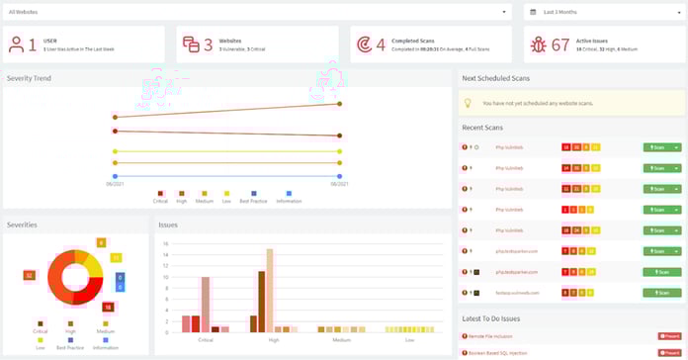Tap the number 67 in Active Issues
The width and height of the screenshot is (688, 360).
tap(560, 45)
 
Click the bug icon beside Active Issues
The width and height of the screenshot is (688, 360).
tap(538, 45)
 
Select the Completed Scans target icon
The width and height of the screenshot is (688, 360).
tap(365, 45)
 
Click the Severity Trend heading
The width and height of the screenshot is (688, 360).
tap(31, 77)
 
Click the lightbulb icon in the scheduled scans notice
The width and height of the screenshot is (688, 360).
tap(468, 103)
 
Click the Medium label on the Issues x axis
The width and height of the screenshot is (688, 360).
tap(341, 339)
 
